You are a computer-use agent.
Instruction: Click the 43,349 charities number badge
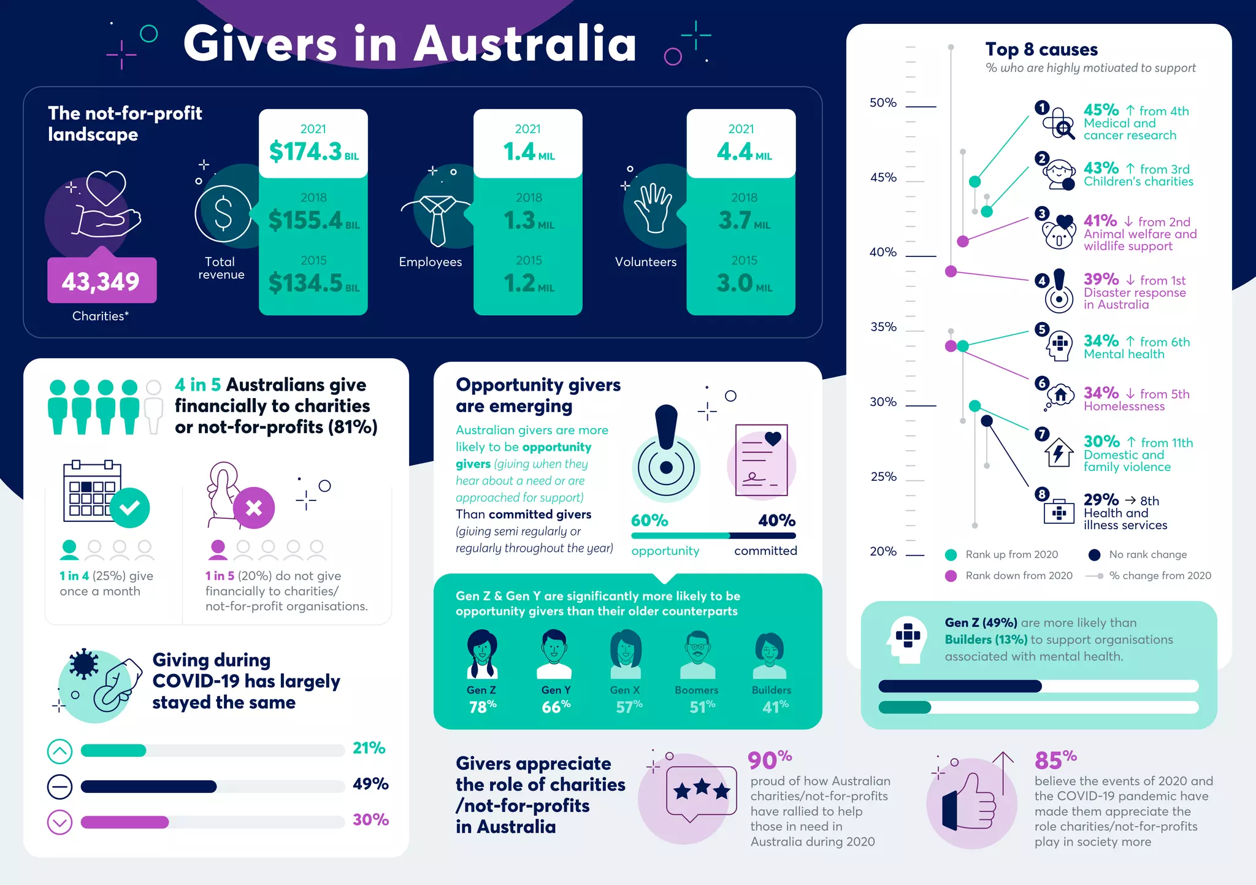tap(102, 281)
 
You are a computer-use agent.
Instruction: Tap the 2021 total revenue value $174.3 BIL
tap(313, 151)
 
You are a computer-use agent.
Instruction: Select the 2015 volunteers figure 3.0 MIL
tap(743, 283)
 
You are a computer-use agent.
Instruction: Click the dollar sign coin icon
tap(223, 213)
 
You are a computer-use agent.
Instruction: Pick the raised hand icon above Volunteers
tap(653, 207)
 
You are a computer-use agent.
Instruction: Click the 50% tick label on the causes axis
tap(883, 103)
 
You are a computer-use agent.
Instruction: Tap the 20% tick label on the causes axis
tap(883, 551)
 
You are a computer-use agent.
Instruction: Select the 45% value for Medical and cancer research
tap(1101, 110)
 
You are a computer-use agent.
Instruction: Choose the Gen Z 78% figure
tap(482, 707)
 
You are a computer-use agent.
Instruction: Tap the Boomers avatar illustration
tap(697, 654)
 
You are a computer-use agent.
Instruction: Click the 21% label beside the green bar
tap(369, 748)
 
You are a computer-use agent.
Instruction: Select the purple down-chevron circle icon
tap(59, 822)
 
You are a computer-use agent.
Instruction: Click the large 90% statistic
tap(769, 760)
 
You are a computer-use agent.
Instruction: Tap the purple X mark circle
tap(254, 508)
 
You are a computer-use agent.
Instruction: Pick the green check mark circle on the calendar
tap(129, 508)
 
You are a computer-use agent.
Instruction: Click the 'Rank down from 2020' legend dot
tap(951, 576)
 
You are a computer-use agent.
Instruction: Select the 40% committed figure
tap(776, 521)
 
